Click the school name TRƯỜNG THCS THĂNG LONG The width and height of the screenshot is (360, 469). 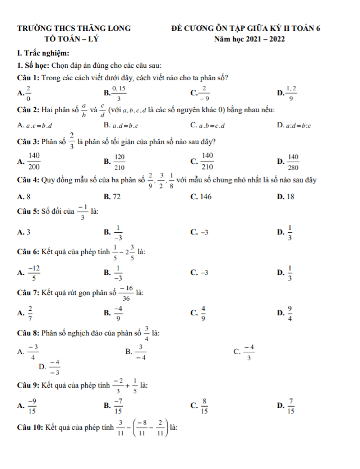[x=74, y=27]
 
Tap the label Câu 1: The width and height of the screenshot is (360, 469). [x=29, y=77]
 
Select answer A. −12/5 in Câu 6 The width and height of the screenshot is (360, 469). [x=29, y=273]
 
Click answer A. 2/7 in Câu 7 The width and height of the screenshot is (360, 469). [x=26, y=313]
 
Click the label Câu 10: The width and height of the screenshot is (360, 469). [x=30, y=429]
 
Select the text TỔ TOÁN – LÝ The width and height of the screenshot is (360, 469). [x=73, y=39]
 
